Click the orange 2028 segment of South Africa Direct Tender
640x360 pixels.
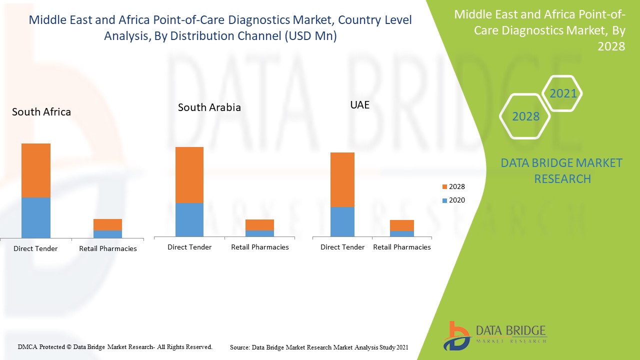[x=36, y=170]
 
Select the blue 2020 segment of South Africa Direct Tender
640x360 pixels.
[x=36, y=217]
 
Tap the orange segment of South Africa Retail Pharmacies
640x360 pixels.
[x=107, y=224]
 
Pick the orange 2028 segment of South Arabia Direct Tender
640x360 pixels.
[x=189, y=175]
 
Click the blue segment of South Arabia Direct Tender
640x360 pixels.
[x=189, y=219]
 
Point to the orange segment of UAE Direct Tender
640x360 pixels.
[x=342, y=179]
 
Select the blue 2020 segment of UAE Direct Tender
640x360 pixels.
[x=342, y=221]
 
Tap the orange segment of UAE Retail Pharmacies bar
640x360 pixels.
[x=402, y=225]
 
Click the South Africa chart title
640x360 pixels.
[x=41, y=112]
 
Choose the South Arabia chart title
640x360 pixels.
[x=209, y=107]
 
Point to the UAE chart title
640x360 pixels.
[x=360, y=105]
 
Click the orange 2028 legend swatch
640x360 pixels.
[x=445, y=187]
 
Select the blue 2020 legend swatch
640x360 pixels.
[x=445, y=200]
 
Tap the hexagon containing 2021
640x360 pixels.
[x=562, y=93]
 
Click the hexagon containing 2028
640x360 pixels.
[x=525, y=116]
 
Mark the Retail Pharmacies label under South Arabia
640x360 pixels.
[x=260, y=247]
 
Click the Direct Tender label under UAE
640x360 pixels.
[x=342, y=247]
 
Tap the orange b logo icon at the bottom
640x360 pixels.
[x=456, y=335]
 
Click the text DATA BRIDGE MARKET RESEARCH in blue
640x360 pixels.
[x=562, y=170]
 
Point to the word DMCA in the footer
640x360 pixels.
[x=27, y=346]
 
